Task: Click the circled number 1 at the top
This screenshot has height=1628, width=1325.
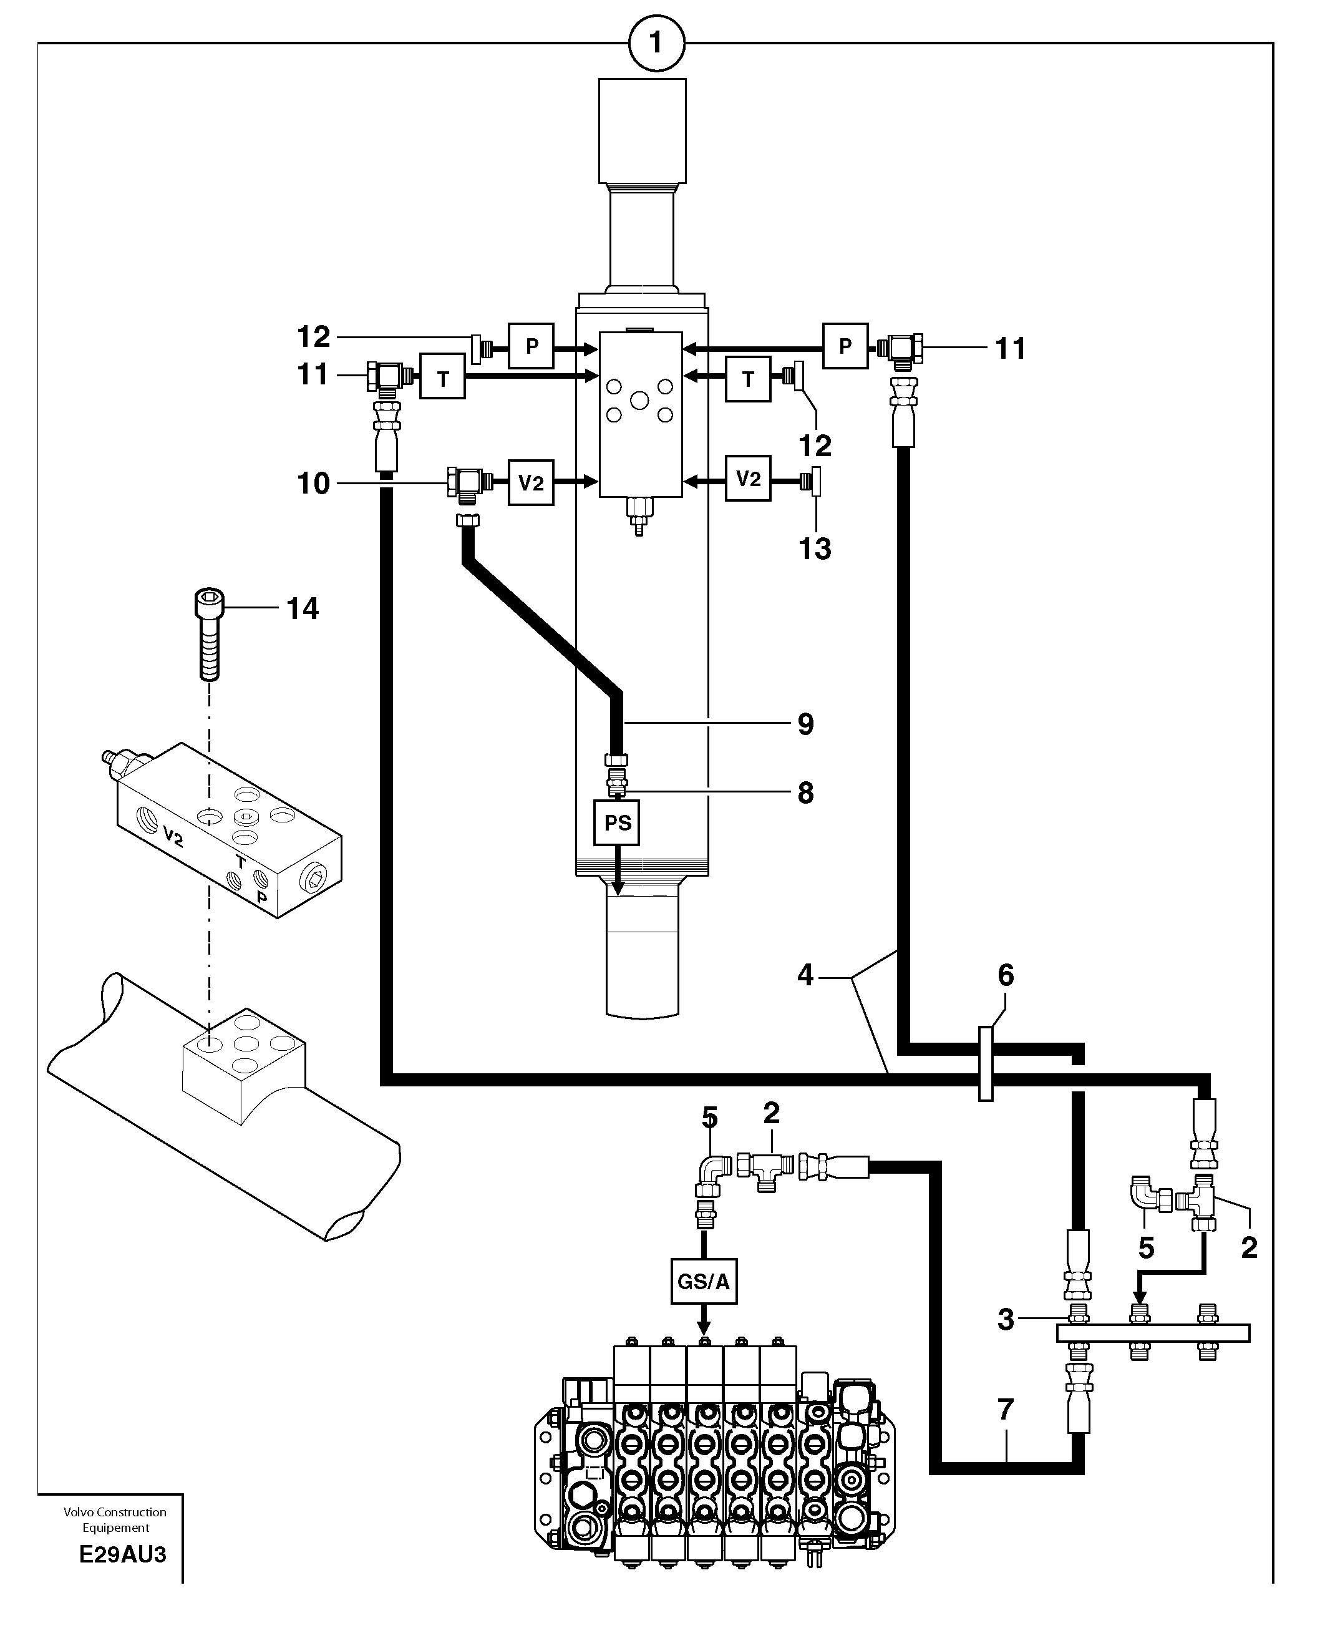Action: click(656, 44)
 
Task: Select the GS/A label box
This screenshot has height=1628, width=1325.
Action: click(704, 1282)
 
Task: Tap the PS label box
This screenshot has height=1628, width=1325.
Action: click(617, 823)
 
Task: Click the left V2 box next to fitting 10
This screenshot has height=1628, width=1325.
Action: click(530, 482)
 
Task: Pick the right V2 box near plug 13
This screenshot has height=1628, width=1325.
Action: click(747, 479)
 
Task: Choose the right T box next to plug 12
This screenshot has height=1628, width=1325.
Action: click(747, 379)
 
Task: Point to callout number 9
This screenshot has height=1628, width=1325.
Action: click(805, 724)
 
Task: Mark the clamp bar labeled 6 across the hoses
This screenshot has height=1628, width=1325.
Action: click(986, 1064)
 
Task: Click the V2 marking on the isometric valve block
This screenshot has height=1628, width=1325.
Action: click(173, 837)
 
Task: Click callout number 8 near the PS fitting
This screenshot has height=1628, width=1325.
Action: click(805, 793)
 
